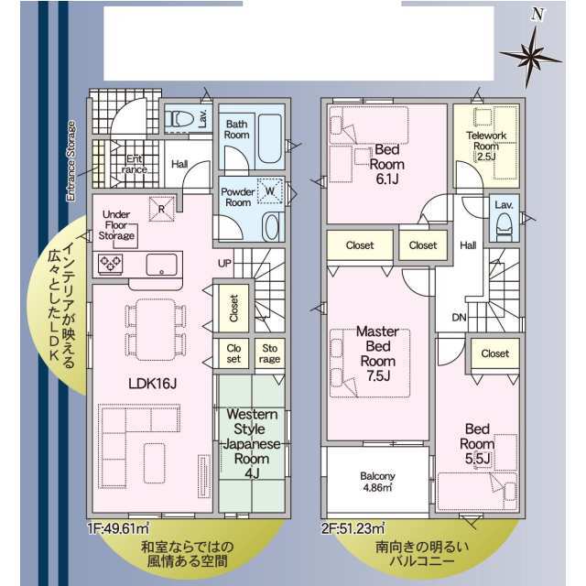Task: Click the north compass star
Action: (530, 57)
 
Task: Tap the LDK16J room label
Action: (152, 383)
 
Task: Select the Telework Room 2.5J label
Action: (486, 146)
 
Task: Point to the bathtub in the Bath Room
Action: (269, 138)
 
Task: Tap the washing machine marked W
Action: (269, 191)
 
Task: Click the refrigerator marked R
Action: (162, 209)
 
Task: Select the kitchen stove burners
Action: (111, 263)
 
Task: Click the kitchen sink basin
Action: (161, 265)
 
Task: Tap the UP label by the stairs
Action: (224, 263)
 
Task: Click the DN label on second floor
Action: (459, 318)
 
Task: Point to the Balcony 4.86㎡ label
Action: (377, 482)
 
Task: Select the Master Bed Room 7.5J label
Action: (378, 353)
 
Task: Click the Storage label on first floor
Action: (269, 353)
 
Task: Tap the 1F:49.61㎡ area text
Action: (118, 529)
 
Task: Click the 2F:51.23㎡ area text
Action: (353, 529)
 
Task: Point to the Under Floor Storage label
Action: (116, 225)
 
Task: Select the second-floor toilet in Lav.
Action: (505, 223)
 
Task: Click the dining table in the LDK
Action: (155, 330)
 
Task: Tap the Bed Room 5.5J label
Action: (477, 443)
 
